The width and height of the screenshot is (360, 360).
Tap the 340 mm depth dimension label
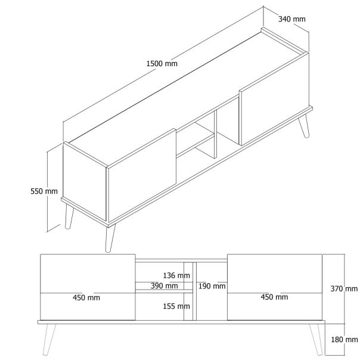291,19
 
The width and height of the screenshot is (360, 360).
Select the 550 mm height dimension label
45,191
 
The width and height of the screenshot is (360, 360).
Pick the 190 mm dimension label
212,286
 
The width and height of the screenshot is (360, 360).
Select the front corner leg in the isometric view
110,238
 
